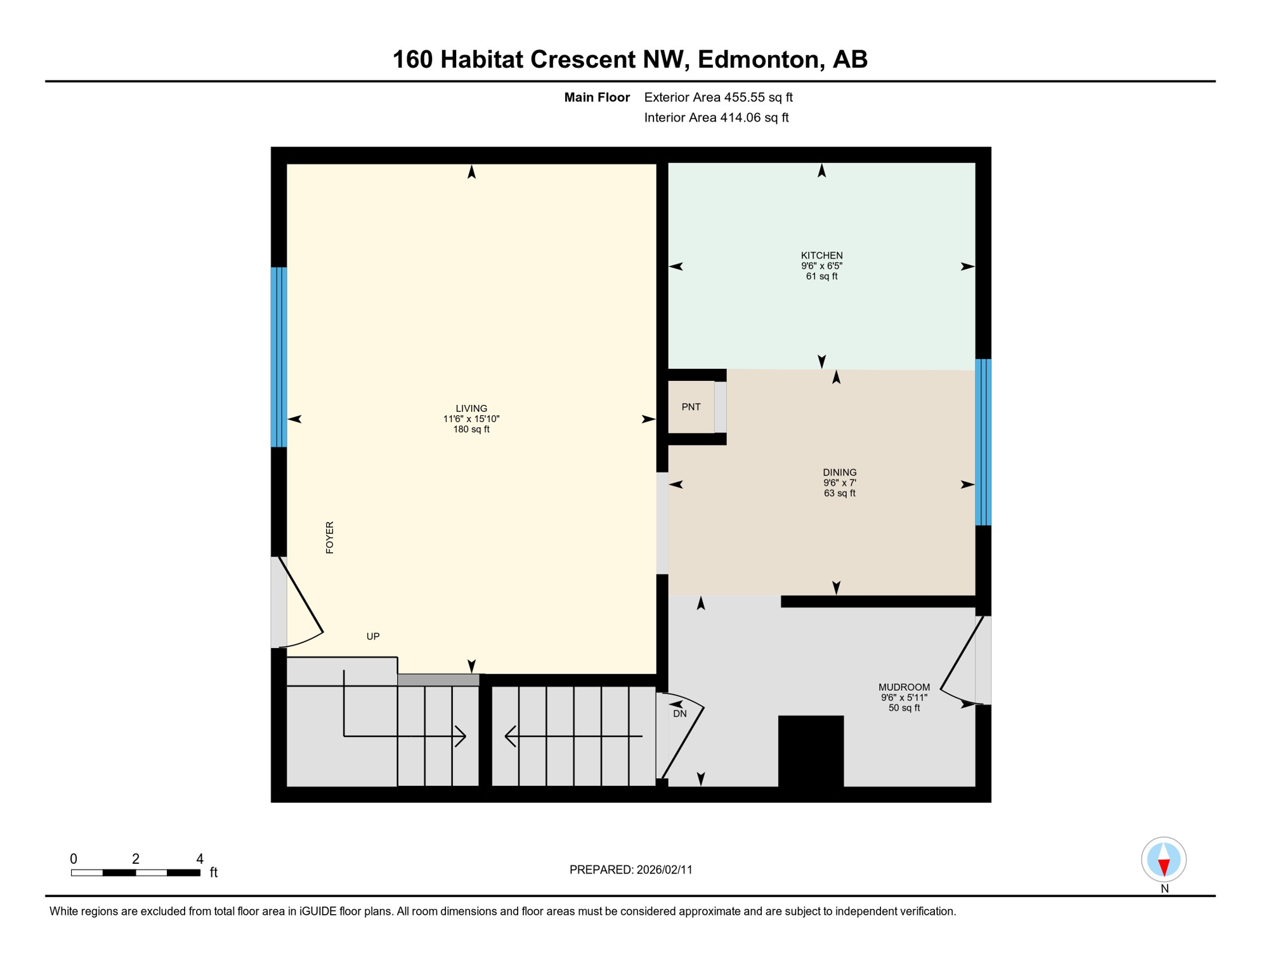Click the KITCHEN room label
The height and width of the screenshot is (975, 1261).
pos(821,255)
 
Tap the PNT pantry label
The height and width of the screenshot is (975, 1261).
pos(691,407)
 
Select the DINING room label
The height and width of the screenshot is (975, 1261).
pos(839,472)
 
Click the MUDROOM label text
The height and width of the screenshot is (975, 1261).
pos(904,687)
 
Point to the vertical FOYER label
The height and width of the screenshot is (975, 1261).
pos(330,538)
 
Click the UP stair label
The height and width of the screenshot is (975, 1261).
pos(373,636)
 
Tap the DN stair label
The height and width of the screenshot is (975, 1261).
pos(680,713)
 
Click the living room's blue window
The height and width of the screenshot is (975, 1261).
pos(278,357)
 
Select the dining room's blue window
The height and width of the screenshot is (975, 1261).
pos(983,442)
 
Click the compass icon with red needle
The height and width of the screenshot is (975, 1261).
pos(1163,859)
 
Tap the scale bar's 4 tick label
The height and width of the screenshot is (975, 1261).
pos(200,859)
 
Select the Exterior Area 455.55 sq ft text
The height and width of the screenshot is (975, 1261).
pos(718,97)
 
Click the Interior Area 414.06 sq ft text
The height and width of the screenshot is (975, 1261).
pos(716,117)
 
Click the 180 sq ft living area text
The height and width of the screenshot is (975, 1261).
pos(471,429)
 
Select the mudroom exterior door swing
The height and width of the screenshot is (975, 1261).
pos(959,663)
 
